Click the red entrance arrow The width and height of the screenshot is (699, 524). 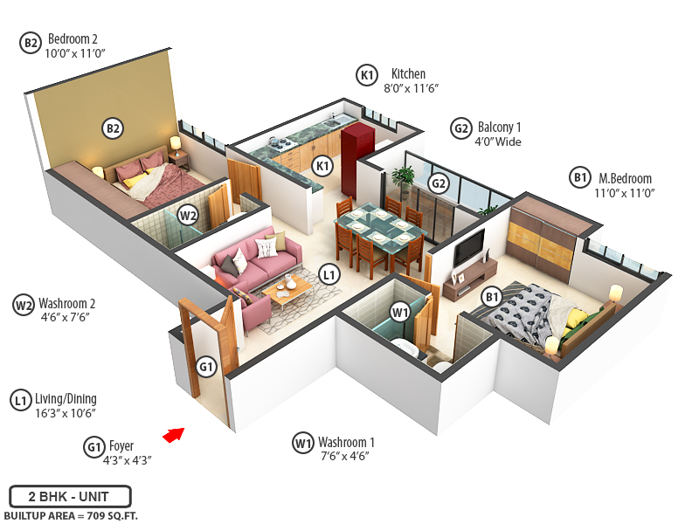click(x=175, y=433)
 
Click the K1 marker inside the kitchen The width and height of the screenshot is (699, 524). click(x=323, y=166)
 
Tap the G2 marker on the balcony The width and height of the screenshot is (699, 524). click(x=439, y=183)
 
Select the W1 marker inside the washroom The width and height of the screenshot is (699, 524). click(x=400, y=312)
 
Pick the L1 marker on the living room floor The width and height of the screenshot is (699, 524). click(x=329, y=274)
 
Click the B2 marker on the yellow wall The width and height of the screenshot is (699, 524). click(x=113, y=129)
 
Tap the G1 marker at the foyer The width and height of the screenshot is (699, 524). click(x=206, y=367)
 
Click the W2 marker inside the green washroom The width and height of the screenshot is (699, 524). click(x=188, y=215)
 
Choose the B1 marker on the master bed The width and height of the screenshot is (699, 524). click(x=493, y=298)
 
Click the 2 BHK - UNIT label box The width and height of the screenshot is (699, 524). click(x=70, y=496)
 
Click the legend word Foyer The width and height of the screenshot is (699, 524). click(x=121, y=446)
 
